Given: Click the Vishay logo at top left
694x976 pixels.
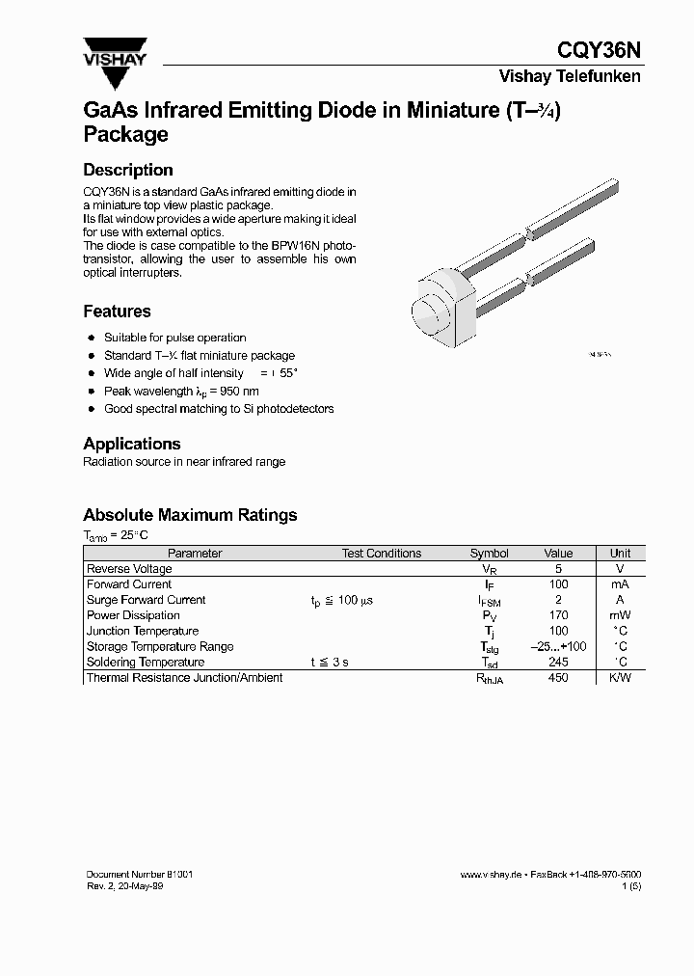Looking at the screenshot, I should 114,54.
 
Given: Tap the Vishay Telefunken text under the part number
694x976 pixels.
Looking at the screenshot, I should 569,76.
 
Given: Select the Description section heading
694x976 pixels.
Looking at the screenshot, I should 128,170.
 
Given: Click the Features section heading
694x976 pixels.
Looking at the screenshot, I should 117,312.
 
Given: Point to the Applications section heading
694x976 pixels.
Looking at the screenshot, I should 132,444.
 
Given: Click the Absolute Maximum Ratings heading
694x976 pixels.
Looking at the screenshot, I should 190,515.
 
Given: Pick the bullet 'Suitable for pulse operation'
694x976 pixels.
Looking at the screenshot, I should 174,338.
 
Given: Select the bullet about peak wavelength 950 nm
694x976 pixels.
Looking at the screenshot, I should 181,392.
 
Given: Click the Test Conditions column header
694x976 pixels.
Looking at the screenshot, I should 382,554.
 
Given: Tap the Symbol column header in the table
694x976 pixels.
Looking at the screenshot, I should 489,554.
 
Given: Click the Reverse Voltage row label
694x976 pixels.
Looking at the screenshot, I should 129,569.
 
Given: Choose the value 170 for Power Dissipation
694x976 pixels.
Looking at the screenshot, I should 558,615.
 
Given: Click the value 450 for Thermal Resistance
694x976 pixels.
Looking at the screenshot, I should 558,678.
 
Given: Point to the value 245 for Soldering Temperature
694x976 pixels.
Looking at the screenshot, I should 558,663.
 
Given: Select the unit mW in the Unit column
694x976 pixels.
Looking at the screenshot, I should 621,615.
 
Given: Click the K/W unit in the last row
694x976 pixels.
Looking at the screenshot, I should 621,678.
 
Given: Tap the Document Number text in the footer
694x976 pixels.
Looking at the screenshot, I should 140,874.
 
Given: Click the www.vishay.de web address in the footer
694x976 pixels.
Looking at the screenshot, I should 491,875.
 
